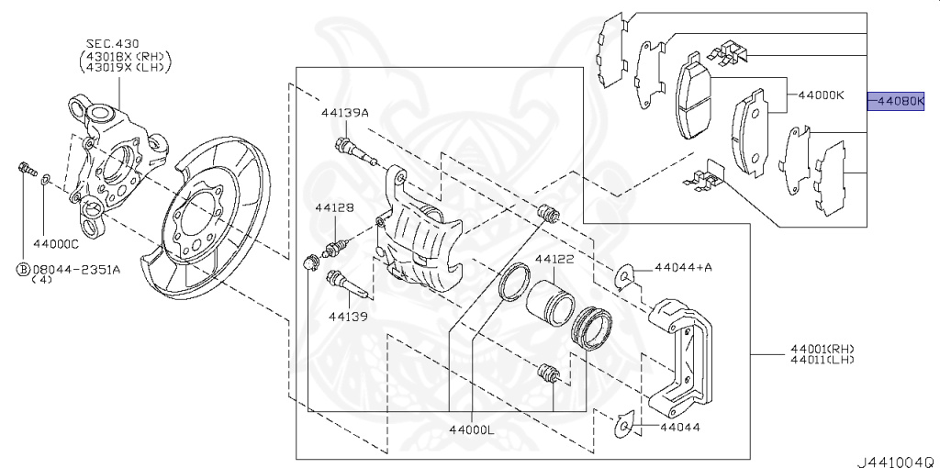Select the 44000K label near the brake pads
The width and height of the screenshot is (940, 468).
point(821,95)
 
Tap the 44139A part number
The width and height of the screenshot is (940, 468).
point(344,113)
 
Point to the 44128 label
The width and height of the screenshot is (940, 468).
point(334,208)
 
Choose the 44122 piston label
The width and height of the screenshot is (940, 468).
point(554,260)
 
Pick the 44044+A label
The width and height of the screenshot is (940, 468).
point(684,267)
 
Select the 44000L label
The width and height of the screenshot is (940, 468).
point(472,429)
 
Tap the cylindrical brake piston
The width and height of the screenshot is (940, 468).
point(549,300)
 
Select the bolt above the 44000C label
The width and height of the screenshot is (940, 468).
point(27,169)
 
